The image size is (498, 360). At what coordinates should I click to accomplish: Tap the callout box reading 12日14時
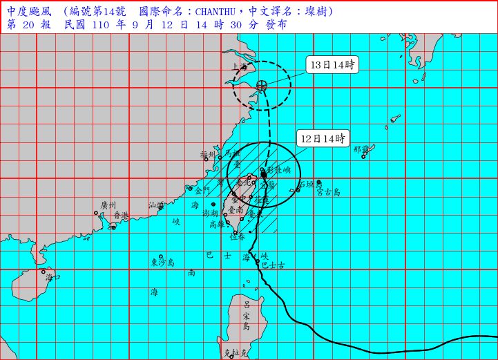[x=322, y=139]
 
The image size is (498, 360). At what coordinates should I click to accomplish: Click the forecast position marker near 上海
[x=261, y=86]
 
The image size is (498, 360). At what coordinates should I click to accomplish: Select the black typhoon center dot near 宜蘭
[x=264, y=175]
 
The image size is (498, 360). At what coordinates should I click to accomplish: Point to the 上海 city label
[x=240, y=68]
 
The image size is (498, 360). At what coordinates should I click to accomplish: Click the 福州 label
[x=208, y=155]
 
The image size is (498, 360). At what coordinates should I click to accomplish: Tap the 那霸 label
[x=361, y=149]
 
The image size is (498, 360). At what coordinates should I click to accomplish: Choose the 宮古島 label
[x=328, y=191]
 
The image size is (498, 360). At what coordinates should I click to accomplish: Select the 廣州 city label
[x=108, y=205]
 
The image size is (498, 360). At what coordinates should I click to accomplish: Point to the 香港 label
[x=121, y=216]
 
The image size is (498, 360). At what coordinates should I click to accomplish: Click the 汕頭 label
[x=157, y=205]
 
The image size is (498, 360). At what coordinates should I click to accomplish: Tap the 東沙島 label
[x=163, y=263]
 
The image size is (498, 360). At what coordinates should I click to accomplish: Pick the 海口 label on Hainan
[x=53, y=276]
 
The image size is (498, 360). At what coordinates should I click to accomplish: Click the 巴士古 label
[x=272, y=265]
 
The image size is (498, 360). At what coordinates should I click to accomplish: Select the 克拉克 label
[x=235, y=352]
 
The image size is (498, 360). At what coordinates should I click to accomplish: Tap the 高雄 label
[x=218, y=224]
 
